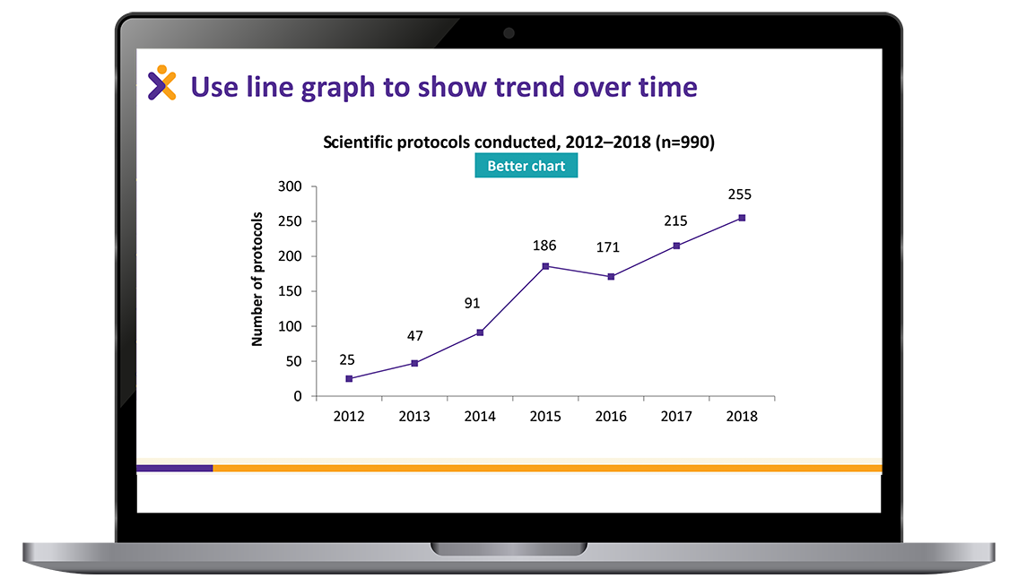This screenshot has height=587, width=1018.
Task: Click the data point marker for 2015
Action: point(545,266)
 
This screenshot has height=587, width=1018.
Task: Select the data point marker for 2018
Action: point(742,218)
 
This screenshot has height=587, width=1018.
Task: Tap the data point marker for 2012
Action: point(349,379)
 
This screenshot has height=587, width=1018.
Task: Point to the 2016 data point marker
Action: point(611,277)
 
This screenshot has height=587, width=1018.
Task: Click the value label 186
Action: point(544,246)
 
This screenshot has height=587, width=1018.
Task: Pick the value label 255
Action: point(739,194)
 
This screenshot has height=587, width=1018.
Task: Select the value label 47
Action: point(415,336)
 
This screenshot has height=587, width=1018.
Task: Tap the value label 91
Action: point(472,304)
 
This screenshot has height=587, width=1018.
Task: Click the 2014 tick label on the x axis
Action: point(480,417)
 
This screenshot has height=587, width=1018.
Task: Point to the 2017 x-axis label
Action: point(676,417)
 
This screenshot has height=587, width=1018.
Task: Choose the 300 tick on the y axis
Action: point(290,186)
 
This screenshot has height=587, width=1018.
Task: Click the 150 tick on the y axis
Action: point(290,291)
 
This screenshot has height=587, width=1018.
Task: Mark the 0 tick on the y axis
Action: point(298,396)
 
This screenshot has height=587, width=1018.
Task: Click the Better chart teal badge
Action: point(526,166)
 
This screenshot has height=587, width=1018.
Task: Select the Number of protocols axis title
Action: point(257,279)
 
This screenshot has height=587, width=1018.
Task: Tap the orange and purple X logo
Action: point(161,83)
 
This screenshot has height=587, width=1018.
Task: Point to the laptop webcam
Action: point(509,33)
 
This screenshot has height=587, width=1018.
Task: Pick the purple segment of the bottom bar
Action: point(175,469)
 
